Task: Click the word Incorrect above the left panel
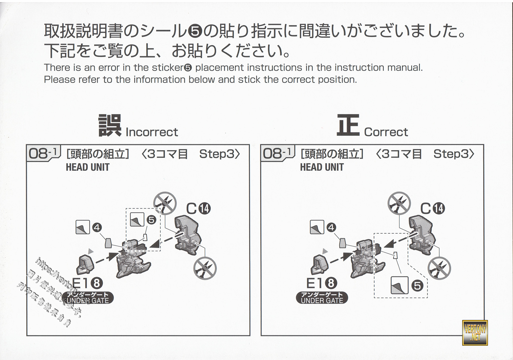152,132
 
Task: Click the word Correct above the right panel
386,132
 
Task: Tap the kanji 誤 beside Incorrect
110,125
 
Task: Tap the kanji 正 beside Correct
348,125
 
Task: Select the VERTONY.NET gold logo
475,333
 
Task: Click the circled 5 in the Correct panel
417,286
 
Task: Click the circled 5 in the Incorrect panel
151,220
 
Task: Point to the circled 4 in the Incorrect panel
96,228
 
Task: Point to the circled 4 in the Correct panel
331,228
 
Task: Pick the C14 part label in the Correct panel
432,208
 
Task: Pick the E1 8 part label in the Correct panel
321,283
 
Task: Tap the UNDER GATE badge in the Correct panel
322,298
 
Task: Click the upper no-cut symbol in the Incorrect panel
165,203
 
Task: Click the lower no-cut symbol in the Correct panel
439,268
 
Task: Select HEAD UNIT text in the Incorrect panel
87,167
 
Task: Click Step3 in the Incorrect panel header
219,154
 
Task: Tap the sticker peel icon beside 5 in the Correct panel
400,285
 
